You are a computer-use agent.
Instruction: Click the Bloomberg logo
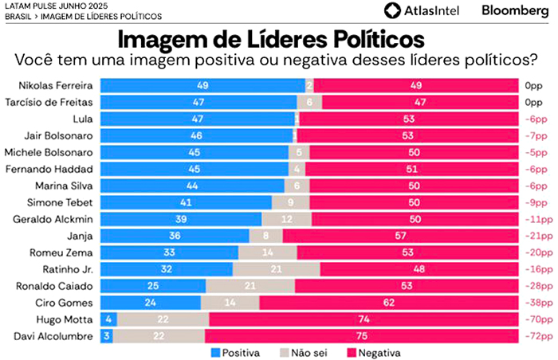pyautogui.click(x=514, y=10)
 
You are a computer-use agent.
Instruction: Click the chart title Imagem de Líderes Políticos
pyautogui.click(x=271, y=40)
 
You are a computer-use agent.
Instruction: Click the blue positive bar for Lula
pyautogui.click(x=199, y=119)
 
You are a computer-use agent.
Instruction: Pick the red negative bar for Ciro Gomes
pyautogui.click(x=389, y=303)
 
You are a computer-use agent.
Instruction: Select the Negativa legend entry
pyautogui.click(x=374, y=352)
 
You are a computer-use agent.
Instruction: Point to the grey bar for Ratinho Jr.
pyautogui.click(x=276, y=269)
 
